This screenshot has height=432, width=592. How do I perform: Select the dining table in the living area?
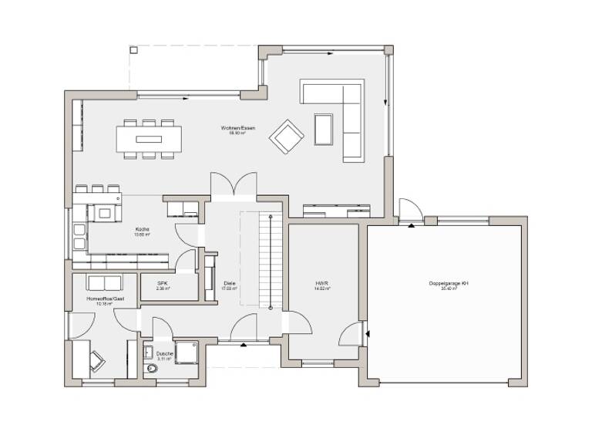pos(150,140)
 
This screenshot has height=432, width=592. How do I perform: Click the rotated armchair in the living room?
pos(286,137)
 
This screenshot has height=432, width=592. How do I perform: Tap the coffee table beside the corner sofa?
pos(323,128)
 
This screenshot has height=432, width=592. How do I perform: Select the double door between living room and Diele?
pos(234,184)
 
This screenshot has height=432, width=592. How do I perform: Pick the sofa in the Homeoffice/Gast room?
pos(104,282)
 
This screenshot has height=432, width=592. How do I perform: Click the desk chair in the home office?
pos(98,359)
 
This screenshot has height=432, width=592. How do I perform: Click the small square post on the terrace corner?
pos(133,50)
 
